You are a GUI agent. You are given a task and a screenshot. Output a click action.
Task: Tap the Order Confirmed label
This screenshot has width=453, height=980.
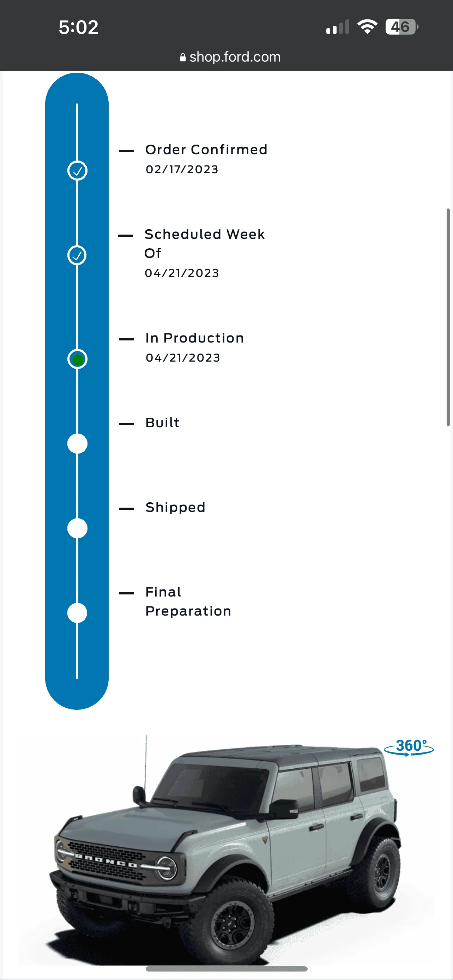click(206, 150)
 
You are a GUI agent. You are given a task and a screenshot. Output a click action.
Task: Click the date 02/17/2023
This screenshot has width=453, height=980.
click(182, 169)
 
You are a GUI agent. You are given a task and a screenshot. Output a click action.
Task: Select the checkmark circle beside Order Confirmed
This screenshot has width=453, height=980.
click(77, 170)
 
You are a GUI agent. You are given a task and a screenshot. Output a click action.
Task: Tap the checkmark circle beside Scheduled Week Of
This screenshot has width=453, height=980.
click(77, 255)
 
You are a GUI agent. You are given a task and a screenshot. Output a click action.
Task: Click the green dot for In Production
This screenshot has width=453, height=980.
click(78, 359)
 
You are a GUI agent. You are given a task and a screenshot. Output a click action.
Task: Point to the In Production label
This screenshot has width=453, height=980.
click(194, 338)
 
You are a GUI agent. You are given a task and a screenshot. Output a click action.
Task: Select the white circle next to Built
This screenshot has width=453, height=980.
click(77, 443)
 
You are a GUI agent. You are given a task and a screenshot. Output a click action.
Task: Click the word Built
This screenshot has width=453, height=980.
click(162, 423)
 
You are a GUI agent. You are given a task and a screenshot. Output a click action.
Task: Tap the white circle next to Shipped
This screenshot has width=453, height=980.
click(77, 528)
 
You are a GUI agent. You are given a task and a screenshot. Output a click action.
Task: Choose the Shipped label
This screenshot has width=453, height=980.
click(175, 508)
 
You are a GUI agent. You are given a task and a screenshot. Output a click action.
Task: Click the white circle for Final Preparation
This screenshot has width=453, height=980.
click(77, 613)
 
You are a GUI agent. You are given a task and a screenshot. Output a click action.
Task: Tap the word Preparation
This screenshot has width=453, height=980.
click(188, 611)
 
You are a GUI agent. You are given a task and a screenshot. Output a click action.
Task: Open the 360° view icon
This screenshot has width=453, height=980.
click(409, 747)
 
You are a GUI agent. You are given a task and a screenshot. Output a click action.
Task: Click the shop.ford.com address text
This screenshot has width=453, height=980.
click(235, 57)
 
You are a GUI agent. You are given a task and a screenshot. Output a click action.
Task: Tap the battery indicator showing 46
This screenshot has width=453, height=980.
click(401, 27)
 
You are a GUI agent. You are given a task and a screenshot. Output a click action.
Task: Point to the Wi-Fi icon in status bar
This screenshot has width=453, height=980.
click(367, 26)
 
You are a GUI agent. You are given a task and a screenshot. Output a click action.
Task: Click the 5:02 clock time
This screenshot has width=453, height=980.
click(79, 28)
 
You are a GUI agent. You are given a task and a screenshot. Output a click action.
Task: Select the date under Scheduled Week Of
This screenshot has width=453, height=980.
click(182, 273)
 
